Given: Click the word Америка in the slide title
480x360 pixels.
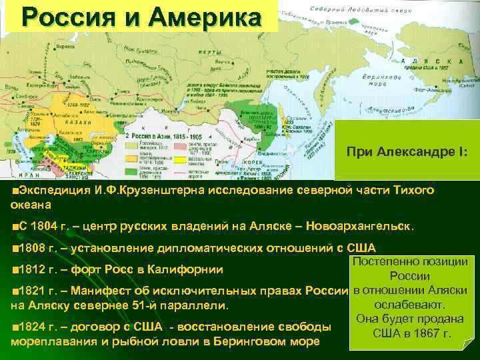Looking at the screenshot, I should [x=213, y=17].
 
